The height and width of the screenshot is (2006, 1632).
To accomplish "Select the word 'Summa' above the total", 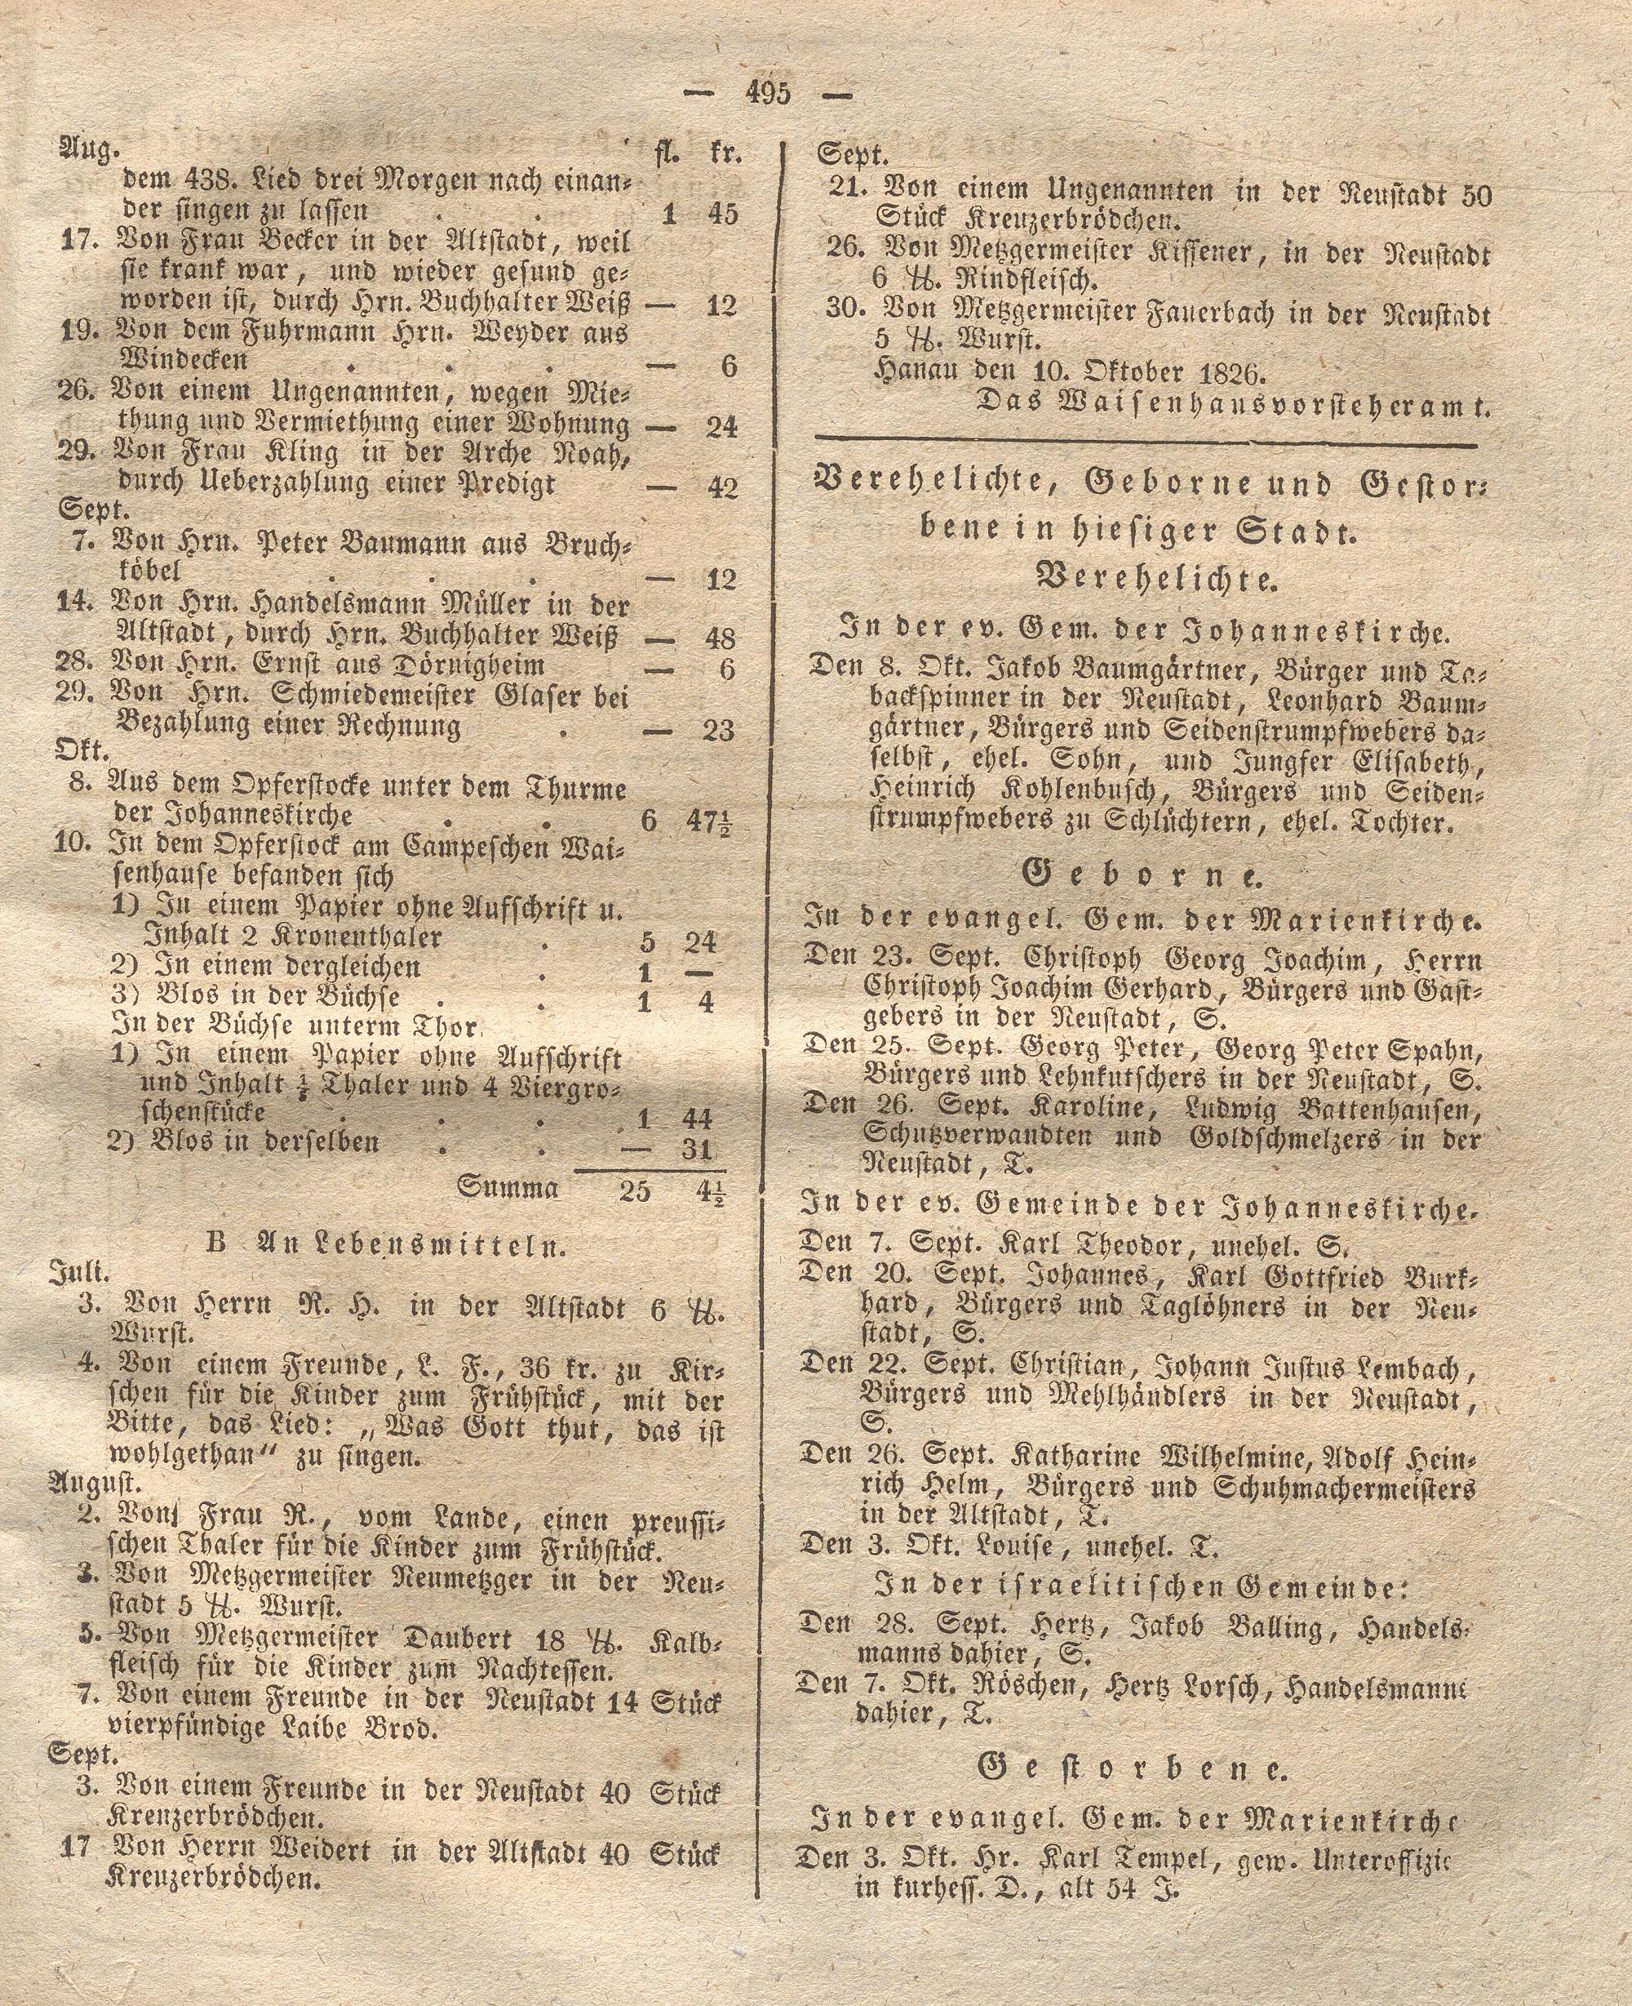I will click(x=508, y=1188).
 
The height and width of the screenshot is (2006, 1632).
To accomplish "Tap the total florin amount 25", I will click(x=635, y=1190).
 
